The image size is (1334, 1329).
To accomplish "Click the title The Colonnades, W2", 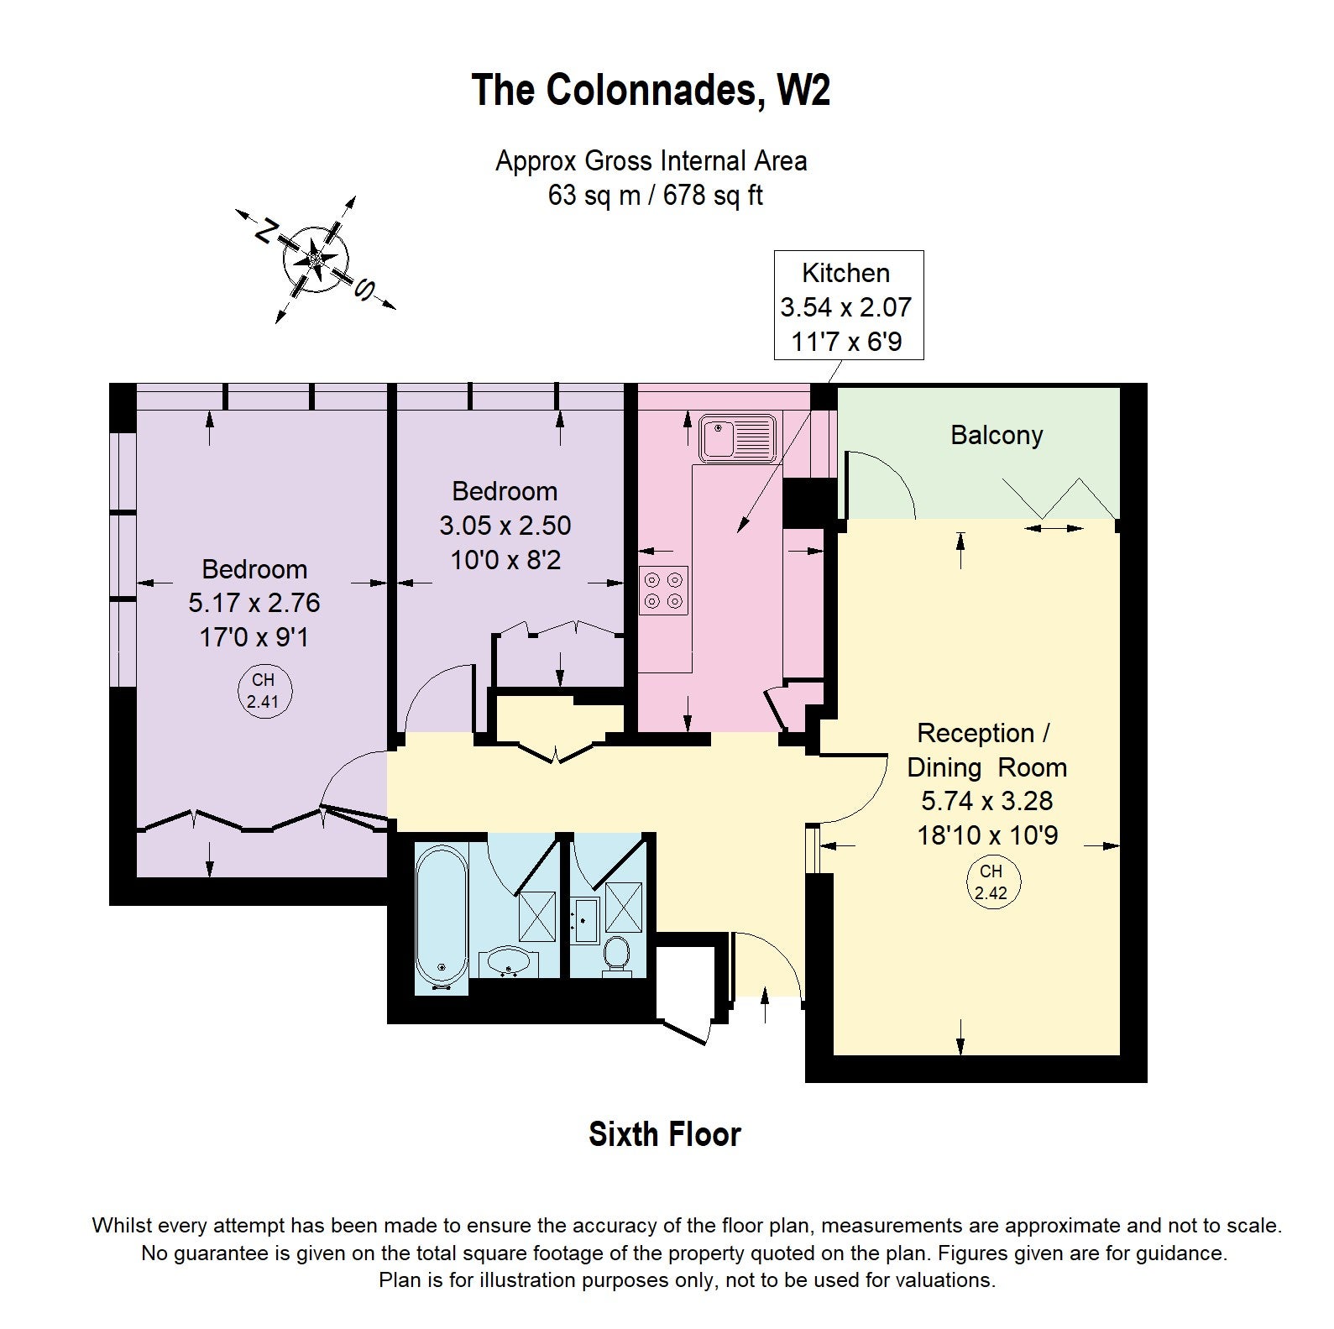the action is coord(651,90).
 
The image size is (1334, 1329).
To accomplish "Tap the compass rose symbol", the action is coord(316,260).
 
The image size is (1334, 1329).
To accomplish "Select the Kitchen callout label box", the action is coord(848,306).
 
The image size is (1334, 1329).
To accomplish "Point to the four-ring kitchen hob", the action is coord(663,590).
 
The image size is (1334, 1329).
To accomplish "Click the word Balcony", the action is coord(997,435).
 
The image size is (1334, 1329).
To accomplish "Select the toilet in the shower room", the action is coord(617,955).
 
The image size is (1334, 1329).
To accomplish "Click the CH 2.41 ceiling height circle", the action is coord(263,691).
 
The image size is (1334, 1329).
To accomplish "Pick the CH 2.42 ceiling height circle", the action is coord(991,882).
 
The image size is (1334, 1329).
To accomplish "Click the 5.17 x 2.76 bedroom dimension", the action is coord(254,603).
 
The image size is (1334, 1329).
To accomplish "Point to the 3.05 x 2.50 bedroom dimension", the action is coord(505,526).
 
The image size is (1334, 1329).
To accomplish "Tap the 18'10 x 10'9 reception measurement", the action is coord(987,835).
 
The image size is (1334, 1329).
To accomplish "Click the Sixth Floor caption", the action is coord(665,1134).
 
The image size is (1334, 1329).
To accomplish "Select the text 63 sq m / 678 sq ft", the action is coord(656,196).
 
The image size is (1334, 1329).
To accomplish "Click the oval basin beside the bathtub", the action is coord(507,961).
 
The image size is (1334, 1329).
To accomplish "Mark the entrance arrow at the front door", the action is coord(765,1005).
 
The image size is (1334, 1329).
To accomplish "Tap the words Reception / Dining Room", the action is coord(986,750).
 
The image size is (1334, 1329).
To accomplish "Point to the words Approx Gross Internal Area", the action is coord(651,161).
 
